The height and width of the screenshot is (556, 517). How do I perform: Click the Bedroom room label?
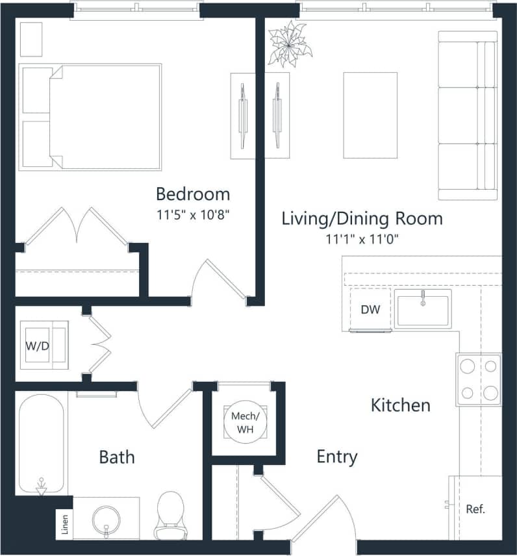(193, 194)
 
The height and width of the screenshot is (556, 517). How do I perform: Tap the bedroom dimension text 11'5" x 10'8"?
(193, 214)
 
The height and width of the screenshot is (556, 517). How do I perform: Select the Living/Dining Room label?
(362, 218)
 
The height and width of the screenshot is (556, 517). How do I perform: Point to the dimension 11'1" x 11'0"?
(362, 239)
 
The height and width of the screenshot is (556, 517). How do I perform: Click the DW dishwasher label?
(370, 310)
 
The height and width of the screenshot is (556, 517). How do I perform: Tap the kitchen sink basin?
(423, 311)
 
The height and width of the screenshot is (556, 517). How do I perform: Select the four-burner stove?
(478, 379)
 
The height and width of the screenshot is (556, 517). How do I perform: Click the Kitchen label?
(400, 405)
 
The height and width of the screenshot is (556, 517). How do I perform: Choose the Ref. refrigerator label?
(475, 509)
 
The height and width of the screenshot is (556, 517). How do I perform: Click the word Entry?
(336, 457)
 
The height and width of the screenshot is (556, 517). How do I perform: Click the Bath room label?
(117, 457)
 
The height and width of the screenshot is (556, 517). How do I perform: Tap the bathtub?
(41, 445)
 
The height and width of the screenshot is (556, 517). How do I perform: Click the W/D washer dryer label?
(37, 346)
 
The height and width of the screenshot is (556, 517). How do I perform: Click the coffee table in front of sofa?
(370, 115)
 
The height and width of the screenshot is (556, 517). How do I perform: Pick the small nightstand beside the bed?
(31, 39)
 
